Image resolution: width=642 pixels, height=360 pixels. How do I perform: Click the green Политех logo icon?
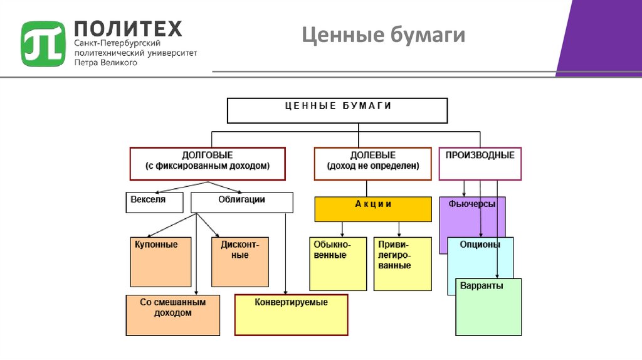tap(43, 43)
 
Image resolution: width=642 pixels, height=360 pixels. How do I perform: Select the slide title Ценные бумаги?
tap(383, 35)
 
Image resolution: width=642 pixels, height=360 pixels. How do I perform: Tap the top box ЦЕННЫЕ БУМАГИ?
tap(337, 110)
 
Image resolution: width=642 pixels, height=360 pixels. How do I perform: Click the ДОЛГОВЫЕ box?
tap(208, 163)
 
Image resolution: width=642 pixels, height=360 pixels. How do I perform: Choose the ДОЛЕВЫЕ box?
tap(372, 163)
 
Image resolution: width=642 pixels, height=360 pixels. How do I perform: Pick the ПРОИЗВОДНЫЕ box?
tap(480, 163)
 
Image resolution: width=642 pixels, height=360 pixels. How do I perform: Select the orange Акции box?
tap(372, 209)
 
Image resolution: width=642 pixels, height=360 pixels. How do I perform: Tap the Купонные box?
tap(160, 262)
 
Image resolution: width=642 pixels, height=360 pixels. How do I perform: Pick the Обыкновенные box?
tap(338, 263)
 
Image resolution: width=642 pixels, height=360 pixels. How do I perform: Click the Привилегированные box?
tap(403, 263)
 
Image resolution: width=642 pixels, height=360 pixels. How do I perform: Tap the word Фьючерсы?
tap(472, 204)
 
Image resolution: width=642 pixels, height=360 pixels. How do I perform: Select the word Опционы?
tap(480, 245)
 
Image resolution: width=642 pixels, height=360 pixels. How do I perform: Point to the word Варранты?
tap(481, 285)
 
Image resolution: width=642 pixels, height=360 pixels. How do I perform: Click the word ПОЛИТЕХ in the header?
tap(128, 28)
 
